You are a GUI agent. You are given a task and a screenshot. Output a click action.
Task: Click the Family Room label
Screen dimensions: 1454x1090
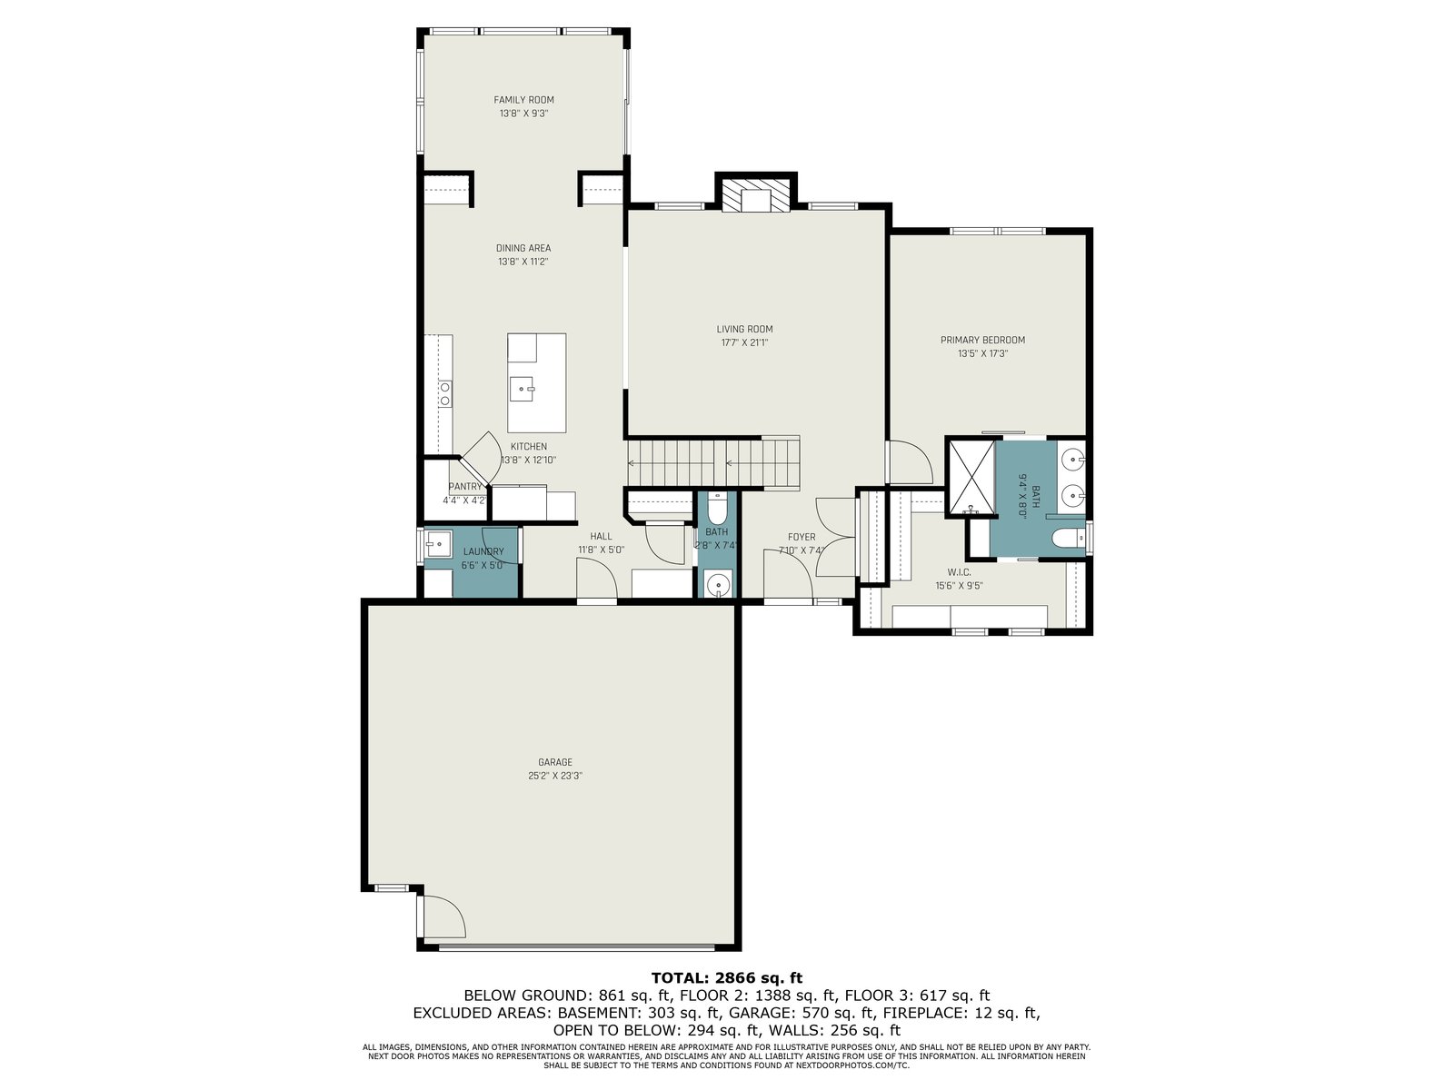[x=523, y=100]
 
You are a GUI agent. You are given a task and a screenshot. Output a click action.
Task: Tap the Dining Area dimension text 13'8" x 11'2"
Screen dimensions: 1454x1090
[x=523, y=262]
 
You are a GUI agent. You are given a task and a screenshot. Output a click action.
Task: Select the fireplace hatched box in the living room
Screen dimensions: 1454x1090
[x=756, y=194]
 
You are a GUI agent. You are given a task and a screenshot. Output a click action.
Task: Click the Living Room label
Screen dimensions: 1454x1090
[x=744, y=329]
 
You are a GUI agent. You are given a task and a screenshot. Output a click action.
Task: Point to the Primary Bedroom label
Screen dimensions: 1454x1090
[x=982, y=340]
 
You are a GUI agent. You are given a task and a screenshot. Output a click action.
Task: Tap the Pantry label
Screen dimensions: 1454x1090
[x=465, y=487]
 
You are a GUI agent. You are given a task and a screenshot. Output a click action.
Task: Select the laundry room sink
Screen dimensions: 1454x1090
[x=438, y=545]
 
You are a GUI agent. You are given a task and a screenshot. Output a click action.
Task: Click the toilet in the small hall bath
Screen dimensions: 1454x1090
[x=717, y=509]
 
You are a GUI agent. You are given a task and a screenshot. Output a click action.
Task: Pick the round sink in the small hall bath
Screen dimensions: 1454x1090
[x=717, y=585]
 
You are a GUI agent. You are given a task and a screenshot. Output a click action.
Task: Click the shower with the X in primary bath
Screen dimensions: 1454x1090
[x=971, y=477]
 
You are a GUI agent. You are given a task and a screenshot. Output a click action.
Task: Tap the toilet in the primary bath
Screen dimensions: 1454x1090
[x=1068, y=539]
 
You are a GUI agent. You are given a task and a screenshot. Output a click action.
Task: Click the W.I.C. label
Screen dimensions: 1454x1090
[x=959, y=572]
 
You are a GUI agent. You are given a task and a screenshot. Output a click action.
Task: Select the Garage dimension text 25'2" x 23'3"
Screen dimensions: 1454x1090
[x=554, y=776]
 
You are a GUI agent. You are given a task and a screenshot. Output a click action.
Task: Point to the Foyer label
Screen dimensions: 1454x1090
[x=802, y=537]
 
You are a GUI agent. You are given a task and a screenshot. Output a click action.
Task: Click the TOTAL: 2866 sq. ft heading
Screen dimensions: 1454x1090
[x=727, y=977]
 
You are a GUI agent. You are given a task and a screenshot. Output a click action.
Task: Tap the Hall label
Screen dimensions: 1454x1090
[x=601, y=536]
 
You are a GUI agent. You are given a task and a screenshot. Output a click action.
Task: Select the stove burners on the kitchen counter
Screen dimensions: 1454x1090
[x=445, y=393]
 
